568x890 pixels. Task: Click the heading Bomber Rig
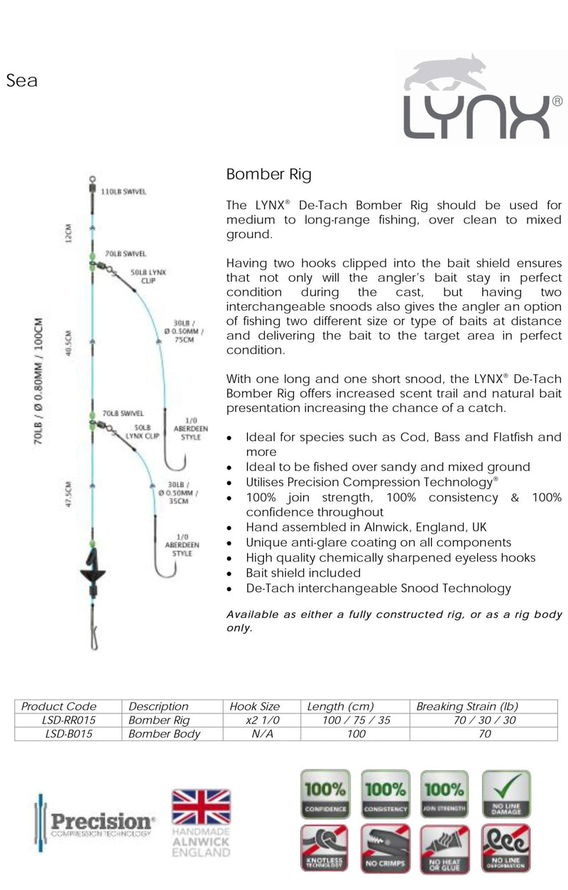(x=268, y=174)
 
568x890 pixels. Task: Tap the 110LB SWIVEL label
(x=124, y=192)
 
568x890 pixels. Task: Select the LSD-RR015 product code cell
(x=69, y=720)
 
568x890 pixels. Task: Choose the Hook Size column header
(x=255, y=706)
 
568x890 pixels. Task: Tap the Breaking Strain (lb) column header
(x=467, y=706)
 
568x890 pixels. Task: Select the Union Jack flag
(x=201, y=806)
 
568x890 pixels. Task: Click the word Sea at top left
(x=21, y=81)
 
